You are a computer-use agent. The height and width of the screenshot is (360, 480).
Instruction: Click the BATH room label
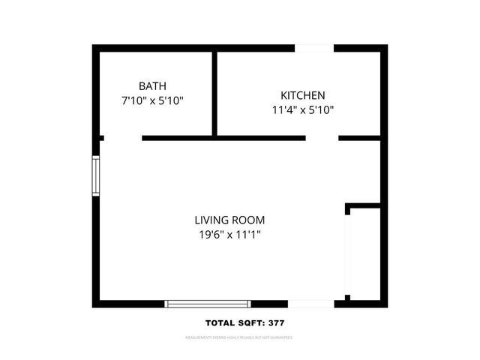(152, 85)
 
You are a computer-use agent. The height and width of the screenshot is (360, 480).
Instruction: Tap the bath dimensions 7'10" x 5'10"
(152, 100)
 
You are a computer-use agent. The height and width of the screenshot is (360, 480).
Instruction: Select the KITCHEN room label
(302, 95)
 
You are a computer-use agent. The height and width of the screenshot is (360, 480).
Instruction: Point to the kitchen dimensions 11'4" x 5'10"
(302, 109)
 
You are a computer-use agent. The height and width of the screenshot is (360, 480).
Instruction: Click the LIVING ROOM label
(229, 220)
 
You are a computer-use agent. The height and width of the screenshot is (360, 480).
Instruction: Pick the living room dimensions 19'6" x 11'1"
(229, 235)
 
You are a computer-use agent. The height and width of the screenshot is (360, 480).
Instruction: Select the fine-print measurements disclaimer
(239, 338)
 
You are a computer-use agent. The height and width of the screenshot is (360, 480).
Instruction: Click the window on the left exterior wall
(96, 175)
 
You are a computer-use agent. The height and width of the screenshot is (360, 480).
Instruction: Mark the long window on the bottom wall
(207, 304)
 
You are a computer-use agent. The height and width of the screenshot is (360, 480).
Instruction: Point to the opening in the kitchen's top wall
(314, 49)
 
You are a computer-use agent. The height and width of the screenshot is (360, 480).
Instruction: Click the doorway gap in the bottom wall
(311, 304)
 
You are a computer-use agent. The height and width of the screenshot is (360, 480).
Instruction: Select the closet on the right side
(366, 253)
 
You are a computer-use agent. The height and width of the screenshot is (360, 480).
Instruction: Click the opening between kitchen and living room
(322, 138)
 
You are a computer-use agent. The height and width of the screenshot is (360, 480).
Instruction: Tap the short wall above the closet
(364, 205)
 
